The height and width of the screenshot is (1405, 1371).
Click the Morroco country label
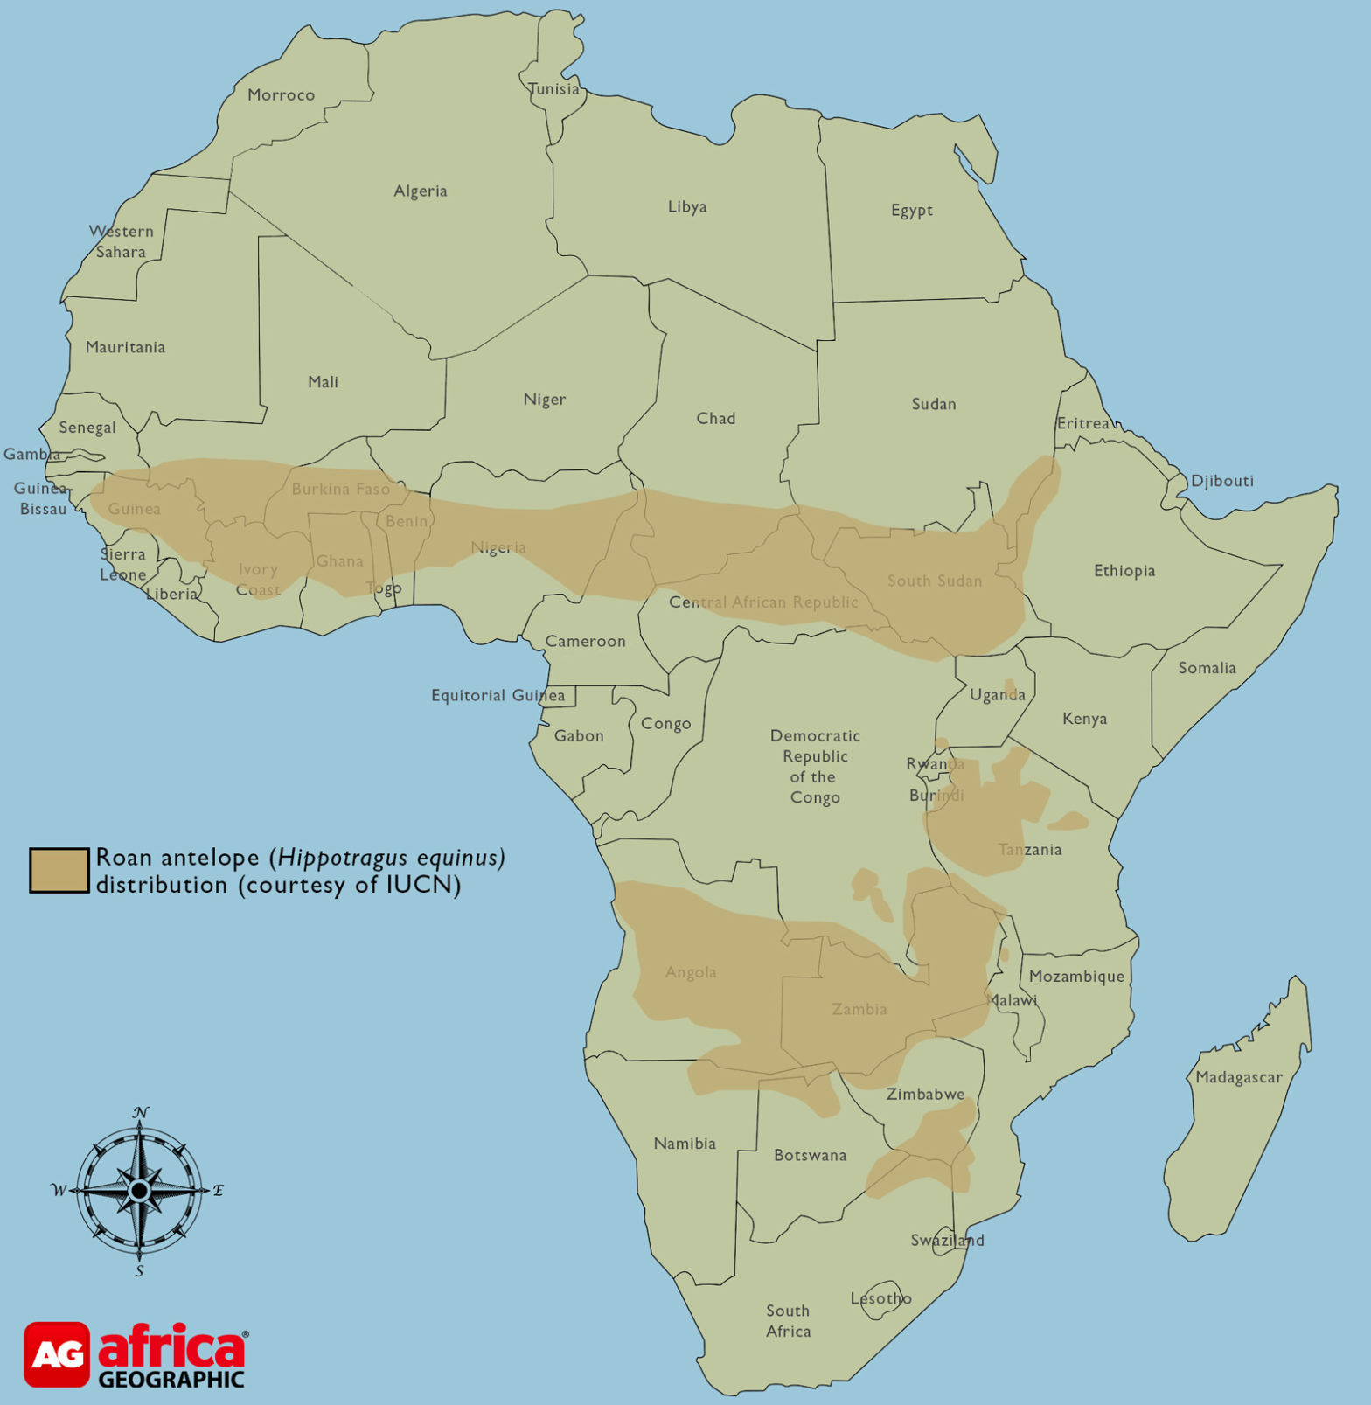click(x=281, y=94)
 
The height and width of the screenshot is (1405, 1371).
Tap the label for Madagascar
click(x=1238, y=1077)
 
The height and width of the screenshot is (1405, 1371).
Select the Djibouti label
click(x=1221, y=480)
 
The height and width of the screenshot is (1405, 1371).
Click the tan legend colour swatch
click(x=59, y=870)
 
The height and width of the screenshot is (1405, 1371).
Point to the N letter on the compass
click(x=140, y=1112)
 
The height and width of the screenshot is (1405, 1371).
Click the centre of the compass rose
click(x=139, y=1190)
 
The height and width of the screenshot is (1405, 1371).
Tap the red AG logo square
click(x=57, y=1353)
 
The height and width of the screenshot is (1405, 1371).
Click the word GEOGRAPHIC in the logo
click(x=171, y=1380)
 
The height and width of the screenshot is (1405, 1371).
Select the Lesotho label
click(x=880, y=1298)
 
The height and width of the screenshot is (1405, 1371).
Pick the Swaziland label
click(x=947, y=1240)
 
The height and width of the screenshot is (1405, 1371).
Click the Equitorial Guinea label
click(x=498, y=695)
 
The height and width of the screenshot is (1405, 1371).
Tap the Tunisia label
click(x=553, y=88)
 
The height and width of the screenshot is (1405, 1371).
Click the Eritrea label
click(x=1082, y=423)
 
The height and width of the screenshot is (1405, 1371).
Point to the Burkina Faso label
click(x=340, y=489)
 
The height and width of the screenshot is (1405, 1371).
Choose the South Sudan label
click(x=934, y=581)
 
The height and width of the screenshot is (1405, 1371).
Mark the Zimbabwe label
click(x=925, y=1094)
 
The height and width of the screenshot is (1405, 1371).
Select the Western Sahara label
click(x=121, y=241)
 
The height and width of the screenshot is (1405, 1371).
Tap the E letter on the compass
click(x=219, y=1190)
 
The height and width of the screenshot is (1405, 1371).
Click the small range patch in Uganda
click(x=1010, y=685)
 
